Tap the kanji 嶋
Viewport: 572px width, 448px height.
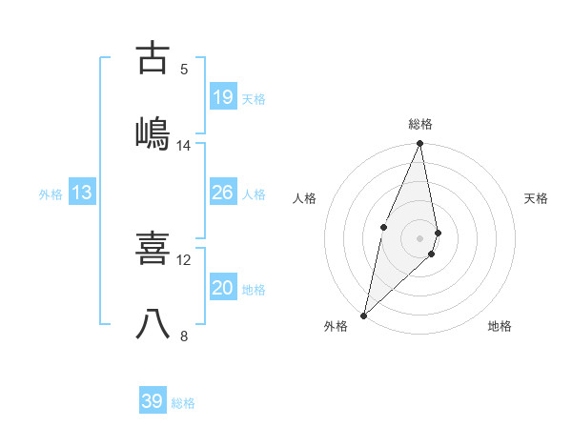(x=153, y=133)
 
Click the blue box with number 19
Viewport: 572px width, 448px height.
(x=222, y=97)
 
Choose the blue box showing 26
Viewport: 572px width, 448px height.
(x=222, y=193)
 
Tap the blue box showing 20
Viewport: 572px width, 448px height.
(x=222, y=288)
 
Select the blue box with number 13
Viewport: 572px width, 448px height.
(x=82, y=193)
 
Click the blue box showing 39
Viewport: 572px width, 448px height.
(x=153, y=401)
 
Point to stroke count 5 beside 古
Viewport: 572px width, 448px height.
(x=184, y=69)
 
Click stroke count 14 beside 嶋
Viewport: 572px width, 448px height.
(x=184, y=145)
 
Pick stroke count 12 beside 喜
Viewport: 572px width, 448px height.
(x=184, y=259)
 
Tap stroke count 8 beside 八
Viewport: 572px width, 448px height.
(x=184, y=336)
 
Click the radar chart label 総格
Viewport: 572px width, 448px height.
(x=420, y=124)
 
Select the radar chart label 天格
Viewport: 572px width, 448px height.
(x=537, y=198)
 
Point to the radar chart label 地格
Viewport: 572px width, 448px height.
(x=500, y=327)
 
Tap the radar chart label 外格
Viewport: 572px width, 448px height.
(x=336, y=327)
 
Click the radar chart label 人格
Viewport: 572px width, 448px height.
(x=304, y=198)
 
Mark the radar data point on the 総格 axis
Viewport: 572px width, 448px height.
(x=420, y=144)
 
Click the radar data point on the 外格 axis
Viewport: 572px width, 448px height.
(x=364, y=315)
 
